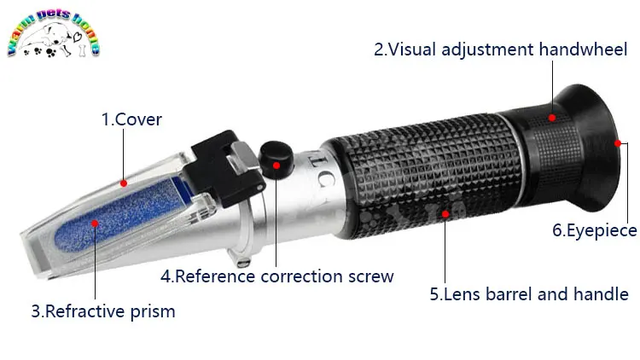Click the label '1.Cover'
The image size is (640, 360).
click(x=131, y=119)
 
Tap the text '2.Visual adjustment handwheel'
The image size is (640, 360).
click(x=500, y=49)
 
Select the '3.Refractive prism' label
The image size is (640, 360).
click(x=103, y=311)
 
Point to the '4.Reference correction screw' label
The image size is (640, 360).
click(x=277, y=276)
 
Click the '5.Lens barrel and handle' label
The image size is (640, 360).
click(x=529, y=294)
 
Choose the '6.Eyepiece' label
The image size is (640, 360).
click(x=594, y=230)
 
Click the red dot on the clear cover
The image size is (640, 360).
click(x=124, y=183)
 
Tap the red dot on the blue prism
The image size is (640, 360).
click(x=95, y=224)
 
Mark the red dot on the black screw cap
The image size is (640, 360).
click(x=276, y=165)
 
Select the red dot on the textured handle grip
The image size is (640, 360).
click(x=445, y=214)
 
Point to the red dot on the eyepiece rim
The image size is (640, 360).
click(x=618, y=143)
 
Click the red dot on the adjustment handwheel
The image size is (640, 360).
click(x=552, y=118)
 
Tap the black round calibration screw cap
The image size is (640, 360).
click(x=276, y=160)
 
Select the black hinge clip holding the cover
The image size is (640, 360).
click(x=224, y=167)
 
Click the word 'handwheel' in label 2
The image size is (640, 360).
click(x=583, y=49)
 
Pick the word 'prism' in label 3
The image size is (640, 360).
click(x=153, y=312)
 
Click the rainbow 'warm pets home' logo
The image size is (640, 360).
click(x=53, y=33)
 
